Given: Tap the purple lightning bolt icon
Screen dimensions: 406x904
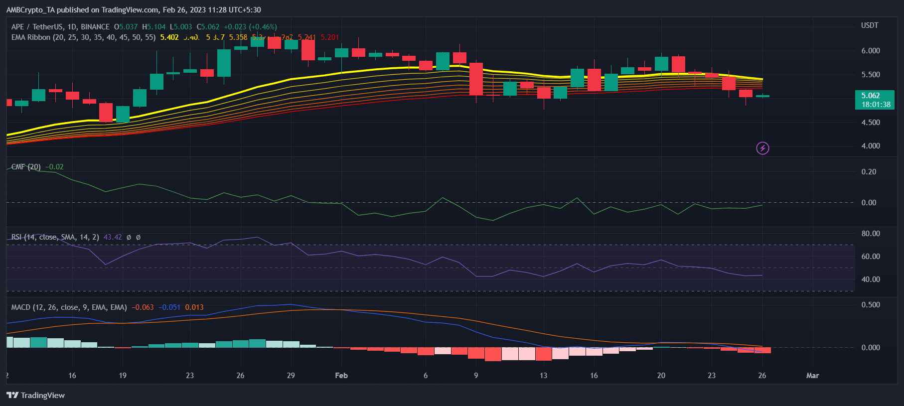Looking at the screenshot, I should coord(762,148).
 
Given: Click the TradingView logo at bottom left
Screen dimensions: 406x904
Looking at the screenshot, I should coord(35,395).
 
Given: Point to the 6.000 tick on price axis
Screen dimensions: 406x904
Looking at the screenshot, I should coord(871,51).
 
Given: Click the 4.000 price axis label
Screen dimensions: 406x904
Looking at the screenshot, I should coord(871,146).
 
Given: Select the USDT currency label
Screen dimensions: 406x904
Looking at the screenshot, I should coord(870,25).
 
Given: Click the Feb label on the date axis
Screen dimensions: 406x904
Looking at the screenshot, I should coord(341,376).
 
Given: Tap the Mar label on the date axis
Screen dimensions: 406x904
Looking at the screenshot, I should coord(812,376).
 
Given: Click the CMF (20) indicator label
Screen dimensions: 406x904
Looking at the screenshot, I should coord(26,167).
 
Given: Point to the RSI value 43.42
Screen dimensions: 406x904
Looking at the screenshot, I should coord(113,237).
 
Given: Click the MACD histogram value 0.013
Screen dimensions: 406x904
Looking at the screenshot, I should coord(194,307).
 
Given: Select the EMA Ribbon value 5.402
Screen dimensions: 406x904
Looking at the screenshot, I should coord(169,37).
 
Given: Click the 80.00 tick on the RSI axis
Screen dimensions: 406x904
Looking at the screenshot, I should coord(871,234).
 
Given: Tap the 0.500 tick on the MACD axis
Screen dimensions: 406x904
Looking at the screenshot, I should coord(871,305).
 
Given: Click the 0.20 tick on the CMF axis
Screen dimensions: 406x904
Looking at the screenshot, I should coord(869,172).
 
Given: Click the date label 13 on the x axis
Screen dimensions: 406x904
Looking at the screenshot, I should coord(543,376).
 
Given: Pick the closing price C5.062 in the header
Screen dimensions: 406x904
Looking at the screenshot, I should coord(208,27).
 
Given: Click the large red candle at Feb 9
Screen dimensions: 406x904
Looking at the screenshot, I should coord(476,79).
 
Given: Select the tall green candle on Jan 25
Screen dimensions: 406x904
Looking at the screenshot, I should coord(224,63).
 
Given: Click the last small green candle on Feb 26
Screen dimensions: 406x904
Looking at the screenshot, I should coord(762,96).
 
